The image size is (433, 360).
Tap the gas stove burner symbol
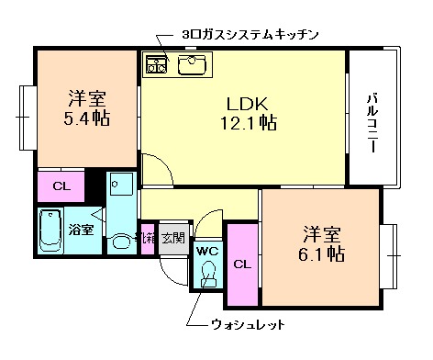(x=156, y=64)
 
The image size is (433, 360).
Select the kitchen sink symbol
(x=192, y=64)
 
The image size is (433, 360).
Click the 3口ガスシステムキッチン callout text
(x=250, y=35)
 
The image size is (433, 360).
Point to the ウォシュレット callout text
(x=248, y=324)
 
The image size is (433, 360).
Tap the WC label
(x=206, y=251)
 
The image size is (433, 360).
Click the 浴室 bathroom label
(x=81, y=229)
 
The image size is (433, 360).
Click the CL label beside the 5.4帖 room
(x=61, y=187)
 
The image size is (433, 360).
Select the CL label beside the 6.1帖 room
(x=242, y=264)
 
